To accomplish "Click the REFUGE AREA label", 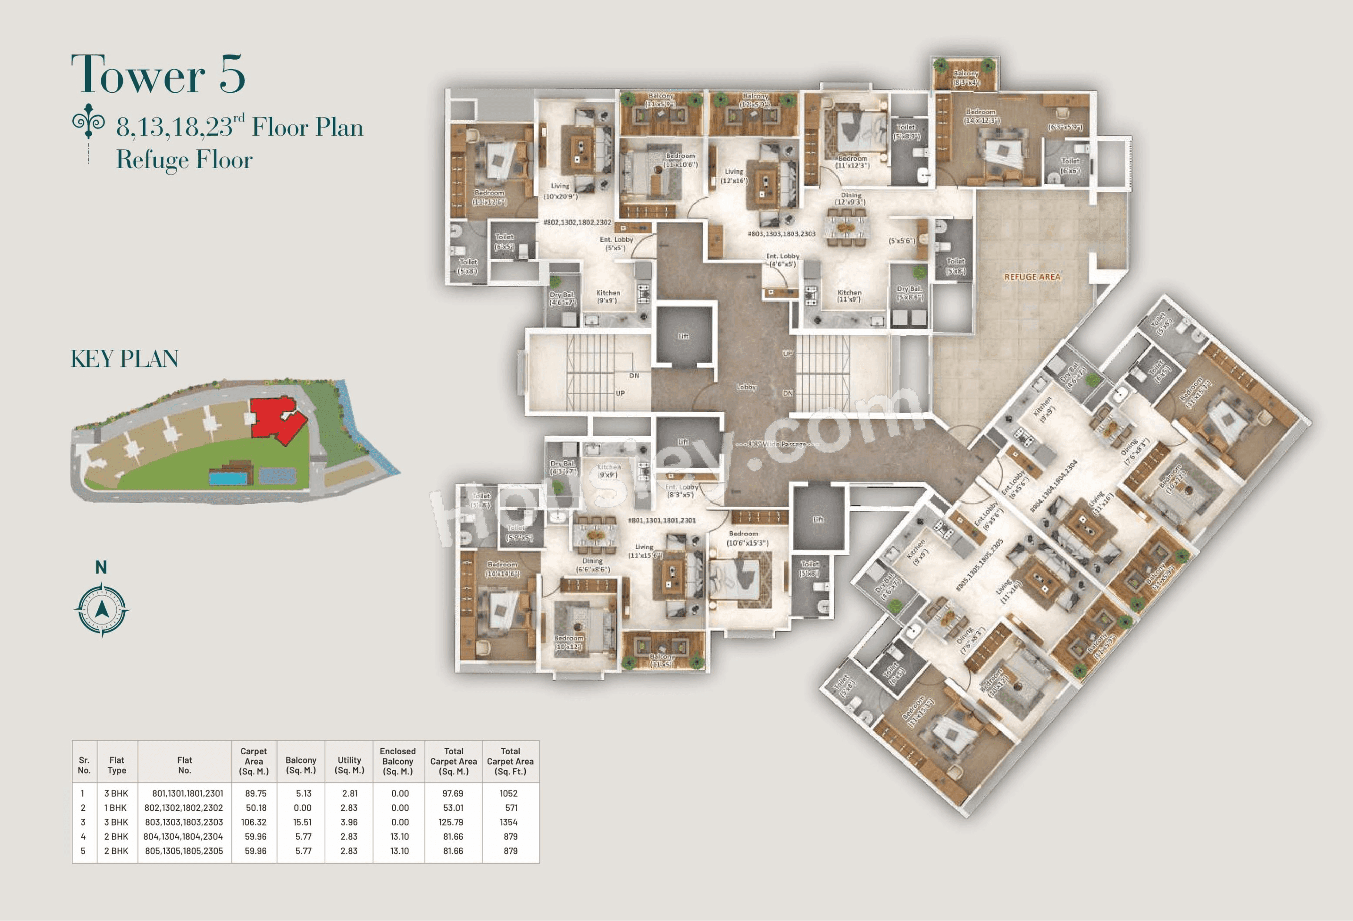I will pyautogui.click(x=1032, y=277).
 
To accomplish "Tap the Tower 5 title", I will pyautogui.click(x=158, y=74).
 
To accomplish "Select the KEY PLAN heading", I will pyautogui.click(x=124, y=359).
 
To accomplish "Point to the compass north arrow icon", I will pyautogui.click(x=102, y=609).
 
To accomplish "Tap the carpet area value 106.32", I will pyautogui.click(x=254, y=822).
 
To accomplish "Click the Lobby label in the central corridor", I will pyautogui.click(x=746, y=387).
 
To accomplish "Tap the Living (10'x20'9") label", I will pyautogui.click(x=560, y=191).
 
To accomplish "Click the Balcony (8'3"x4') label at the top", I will pyautogui.click(x=966, y=78).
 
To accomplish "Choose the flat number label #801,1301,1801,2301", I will pyautogui.click(x=661, y=520).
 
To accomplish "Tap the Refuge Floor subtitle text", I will pyautogui.click(x=184, y=160).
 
